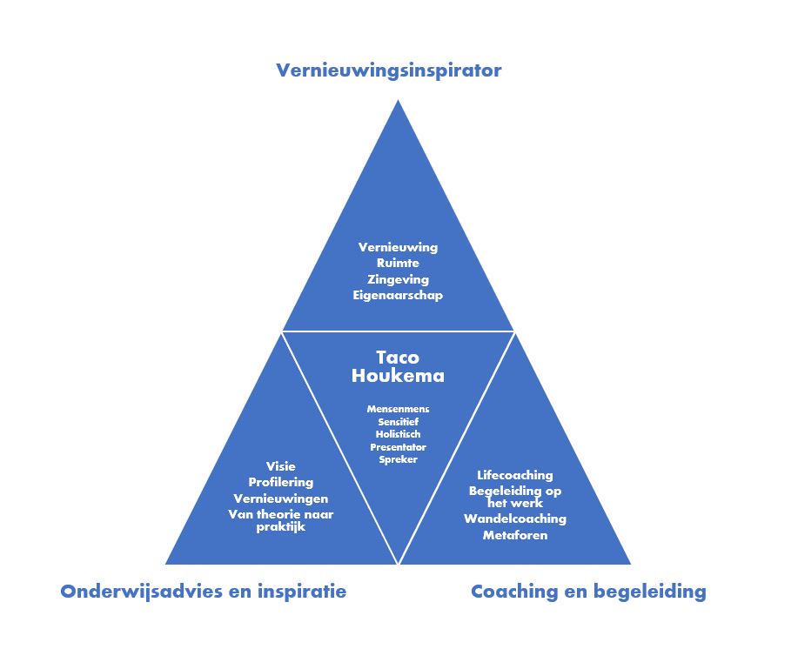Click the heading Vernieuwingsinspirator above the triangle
coord(388,70)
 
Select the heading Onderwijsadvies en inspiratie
coord(203,592)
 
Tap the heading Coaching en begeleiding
coord(588,592)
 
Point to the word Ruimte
coord(398,263)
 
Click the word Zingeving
coord(398,278)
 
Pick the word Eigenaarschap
coord(398,295)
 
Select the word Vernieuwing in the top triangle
coord(398,247)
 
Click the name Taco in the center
coord(398,357)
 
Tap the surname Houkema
coord(398,376)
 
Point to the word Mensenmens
coord(398,409)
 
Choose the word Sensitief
coord(398,422)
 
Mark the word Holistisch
coord(398,434)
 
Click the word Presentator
coord(398,447)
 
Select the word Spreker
coord(398,459)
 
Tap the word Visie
coord(281,466)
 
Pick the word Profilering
coord(281,482)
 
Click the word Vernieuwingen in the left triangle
coord(281,498)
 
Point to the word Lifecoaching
coord(515,475)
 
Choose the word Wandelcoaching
coord(515,518)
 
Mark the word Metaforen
coord(515,535)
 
